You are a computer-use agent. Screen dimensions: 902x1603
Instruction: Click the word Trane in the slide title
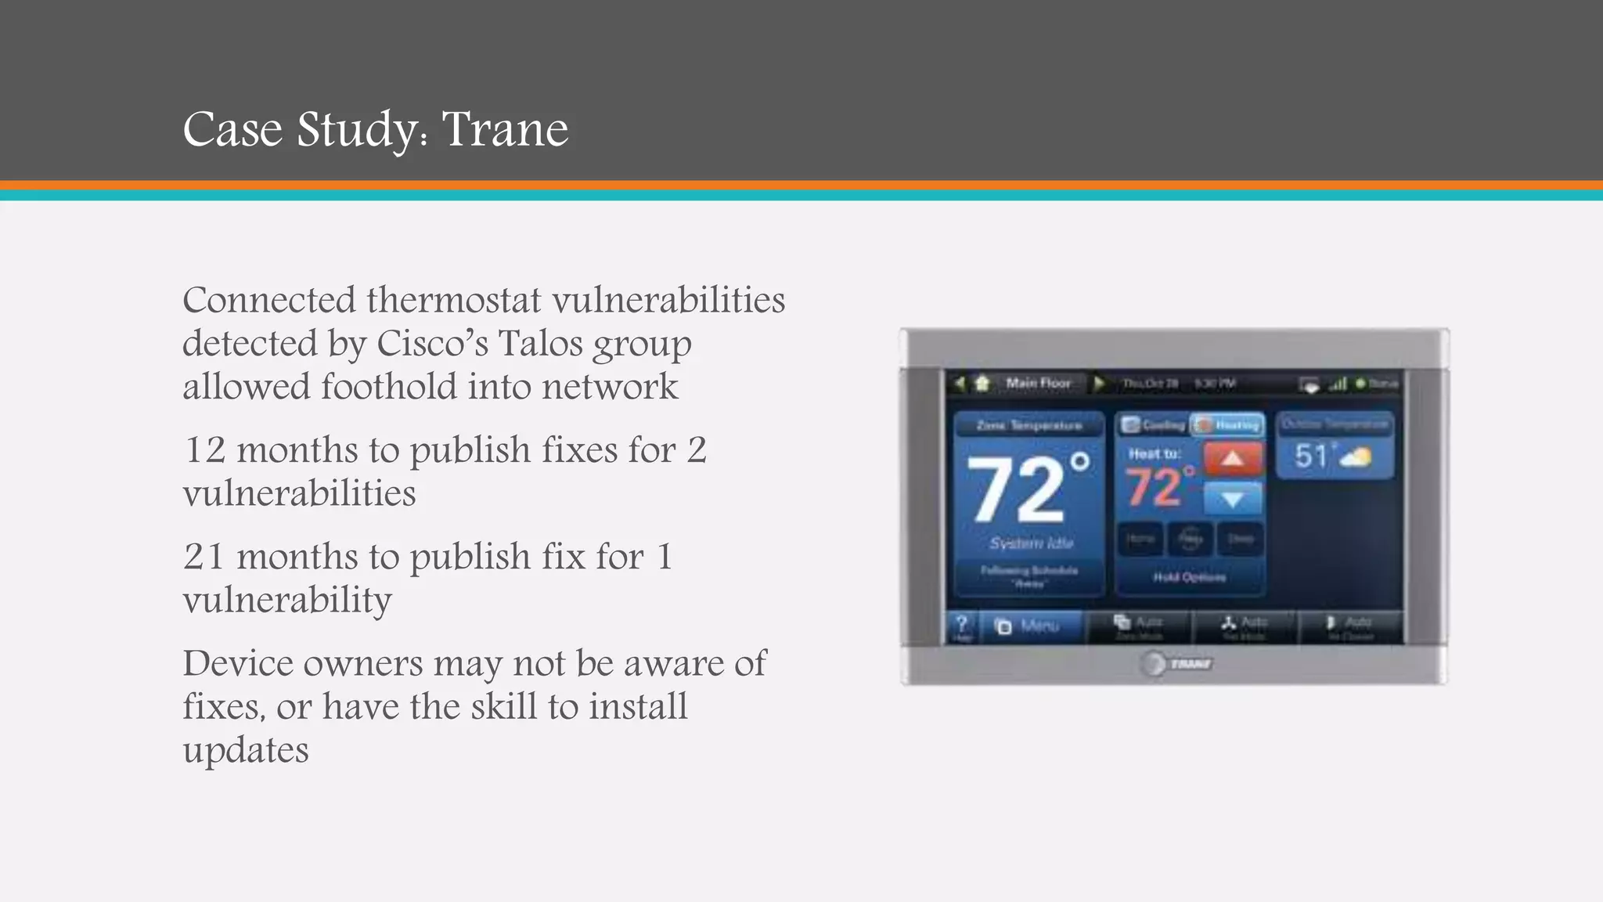(505, 129)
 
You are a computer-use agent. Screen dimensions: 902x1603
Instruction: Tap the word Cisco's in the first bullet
(432, 343)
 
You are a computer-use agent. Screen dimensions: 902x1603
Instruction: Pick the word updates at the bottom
(246, 750)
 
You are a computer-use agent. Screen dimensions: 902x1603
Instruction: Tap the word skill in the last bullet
(503, 706)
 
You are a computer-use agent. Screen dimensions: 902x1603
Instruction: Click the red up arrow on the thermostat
(1232, 459)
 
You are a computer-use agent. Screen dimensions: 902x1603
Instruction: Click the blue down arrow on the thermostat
(1232, 499)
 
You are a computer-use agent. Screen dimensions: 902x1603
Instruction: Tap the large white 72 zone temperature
(1018, 490)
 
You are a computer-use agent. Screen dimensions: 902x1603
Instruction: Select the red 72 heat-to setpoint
(1154, 487)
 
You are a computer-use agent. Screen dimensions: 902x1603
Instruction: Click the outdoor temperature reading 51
(1311, 456)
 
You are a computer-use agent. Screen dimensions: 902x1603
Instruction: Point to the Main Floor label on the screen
(1038, 383)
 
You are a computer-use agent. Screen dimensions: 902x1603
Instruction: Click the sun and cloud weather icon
(1356, 456)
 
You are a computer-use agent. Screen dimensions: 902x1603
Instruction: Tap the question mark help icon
(962, 625)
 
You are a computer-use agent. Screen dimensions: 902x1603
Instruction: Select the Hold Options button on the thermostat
(1189, 578)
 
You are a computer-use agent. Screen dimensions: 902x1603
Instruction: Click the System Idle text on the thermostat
(1031, 543)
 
